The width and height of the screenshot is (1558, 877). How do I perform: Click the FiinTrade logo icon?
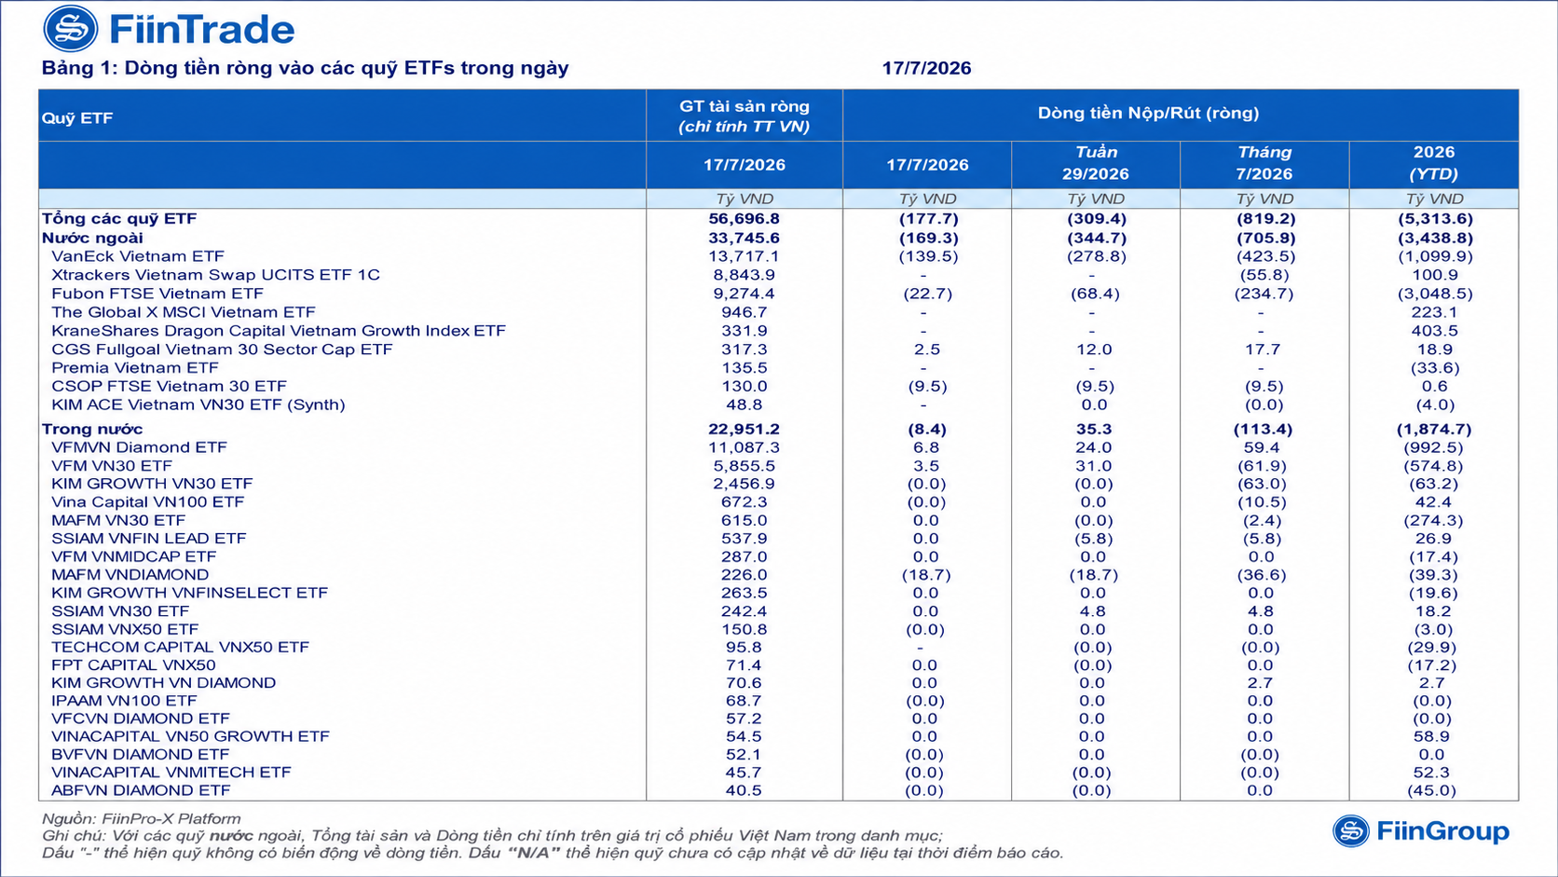[x=70, y=29]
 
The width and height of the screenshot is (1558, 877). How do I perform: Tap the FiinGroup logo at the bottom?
[x=1421, y=831]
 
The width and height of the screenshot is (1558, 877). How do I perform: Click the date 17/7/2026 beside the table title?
[x=926, y=68]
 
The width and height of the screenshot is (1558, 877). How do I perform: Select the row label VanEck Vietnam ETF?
[x=138, y=256]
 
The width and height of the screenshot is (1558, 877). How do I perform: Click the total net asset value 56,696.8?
[x=745, y=218]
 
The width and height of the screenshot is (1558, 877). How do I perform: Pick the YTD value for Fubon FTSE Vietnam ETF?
[x=1435, y=294]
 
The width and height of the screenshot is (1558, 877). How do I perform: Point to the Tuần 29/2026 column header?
[x=1096, y=163]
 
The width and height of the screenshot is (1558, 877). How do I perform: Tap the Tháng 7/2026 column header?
[x=1264, y=163]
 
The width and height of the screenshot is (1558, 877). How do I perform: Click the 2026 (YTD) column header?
[x=1434, y=163]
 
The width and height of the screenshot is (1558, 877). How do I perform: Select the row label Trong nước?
[x=92, y=429]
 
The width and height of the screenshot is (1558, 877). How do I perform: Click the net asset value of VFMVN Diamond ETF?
[x=745, y=447]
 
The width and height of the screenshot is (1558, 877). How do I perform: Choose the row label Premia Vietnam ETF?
[x=135, y=368]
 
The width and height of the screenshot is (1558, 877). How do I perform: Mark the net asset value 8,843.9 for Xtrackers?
[x=745, y=275]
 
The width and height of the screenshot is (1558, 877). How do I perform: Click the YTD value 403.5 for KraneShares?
[x=1435, y=331]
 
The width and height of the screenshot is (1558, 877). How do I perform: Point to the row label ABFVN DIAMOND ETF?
[x=141, y=790]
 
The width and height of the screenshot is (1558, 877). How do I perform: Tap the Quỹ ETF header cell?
[x=77, y=118]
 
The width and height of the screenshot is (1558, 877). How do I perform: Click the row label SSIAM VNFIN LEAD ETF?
[x=149, y=539]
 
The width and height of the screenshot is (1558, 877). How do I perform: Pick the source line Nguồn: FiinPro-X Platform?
[x=142, y=818]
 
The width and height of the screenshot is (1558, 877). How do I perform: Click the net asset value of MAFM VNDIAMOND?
[x=745, y=574]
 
